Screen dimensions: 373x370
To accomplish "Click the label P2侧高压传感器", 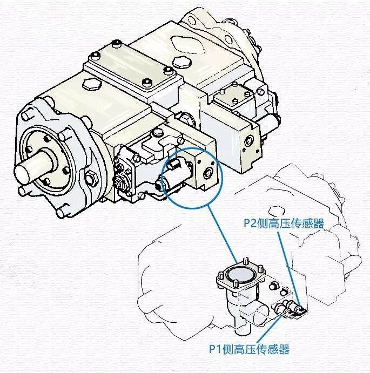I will (x=282, y=222).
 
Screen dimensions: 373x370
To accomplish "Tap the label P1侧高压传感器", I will (x=249, y=349).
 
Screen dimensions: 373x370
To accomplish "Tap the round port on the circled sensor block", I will (x=207, y=173).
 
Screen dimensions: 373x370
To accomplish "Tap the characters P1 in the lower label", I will (x=216, y=349).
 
